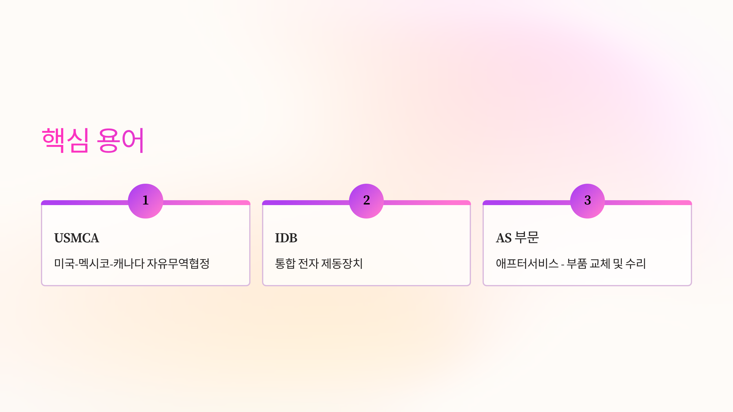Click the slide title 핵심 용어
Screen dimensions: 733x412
[93, 140]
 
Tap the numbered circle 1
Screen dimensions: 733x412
[145, 201]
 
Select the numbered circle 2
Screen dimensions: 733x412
[366, 201]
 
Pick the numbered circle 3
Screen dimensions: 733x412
[587, 201]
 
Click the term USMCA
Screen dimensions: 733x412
[77, 238]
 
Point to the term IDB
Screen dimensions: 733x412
[286, 238]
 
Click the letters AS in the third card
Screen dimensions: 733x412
[504, 238]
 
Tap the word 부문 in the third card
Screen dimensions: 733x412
[527, 237]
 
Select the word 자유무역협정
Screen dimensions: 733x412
[178, 263]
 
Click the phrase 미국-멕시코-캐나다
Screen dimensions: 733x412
[99, 263]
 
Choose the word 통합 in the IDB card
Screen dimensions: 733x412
[285, 263]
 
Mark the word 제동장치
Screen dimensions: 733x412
[342, 263]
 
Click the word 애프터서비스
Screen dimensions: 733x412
[527, 263]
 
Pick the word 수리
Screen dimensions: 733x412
[636, 263]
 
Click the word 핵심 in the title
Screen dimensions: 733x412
[65, 140]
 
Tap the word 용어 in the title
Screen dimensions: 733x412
[120, 140]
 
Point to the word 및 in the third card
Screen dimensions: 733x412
[618, 263]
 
